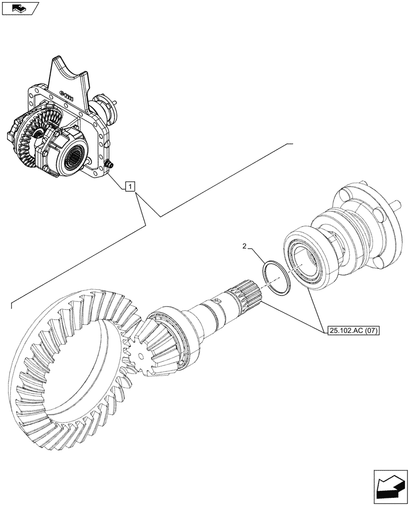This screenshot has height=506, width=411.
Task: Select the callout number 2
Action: coord(245,246)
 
